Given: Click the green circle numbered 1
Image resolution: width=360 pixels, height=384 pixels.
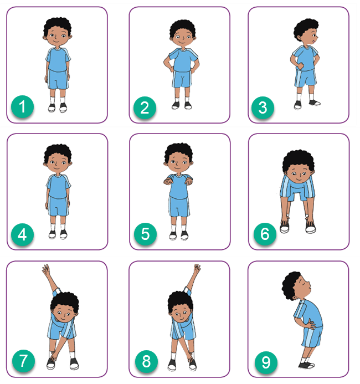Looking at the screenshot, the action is [x=22, y=107].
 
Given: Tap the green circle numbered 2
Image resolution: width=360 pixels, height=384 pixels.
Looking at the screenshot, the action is [x=145, y=107].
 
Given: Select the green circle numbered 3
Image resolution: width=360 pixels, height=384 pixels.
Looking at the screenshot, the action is [x=263, y=107].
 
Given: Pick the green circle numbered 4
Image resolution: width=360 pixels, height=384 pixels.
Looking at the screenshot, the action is [x=22, y=234].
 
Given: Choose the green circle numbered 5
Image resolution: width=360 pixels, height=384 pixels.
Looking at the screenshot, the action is [x=145, y=234].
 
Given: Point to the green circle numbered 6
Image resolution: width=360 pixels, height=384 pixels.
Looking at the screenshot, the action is [x=265, y=234].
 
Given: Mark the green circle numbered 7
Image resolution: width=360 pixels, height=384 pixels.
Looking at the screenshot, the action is [x=23, y=361].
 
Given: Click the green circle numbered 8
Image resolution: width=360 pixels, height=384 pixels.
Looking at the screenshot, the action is [x=146, y=361].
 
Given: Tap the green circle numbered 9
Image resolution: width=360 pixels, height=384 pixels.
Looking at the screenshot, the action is [x=266, y=362].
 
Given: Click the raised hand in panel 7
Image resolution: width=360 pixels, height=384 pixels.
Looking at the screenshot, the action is [x=46, y=270].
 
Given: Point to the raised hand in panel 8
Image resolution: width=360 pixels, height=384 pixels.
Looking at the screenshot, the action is [x=197, y=270].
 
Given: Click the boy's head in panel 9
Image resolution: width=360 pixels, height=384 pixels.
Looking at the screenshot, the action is [x=296, y=285].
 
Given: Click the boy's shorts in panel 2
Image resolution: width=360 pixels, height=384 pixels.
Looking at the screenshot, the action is [x=182, y=79].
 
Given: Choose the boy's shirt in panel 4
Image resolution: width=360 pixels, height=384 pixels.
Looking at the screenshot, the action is [x=58, y=186].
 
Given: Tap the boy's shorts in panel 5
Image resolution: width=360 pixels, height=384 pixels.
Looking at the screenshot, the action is [x=179, y=207].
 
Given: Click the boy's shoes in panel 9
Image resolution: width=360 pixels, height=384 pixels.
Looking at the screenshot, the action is [x=306, y=365].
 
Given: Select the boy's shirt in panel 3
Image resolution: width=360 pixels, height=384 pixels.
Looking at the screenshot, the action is [x=305, y=58].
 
